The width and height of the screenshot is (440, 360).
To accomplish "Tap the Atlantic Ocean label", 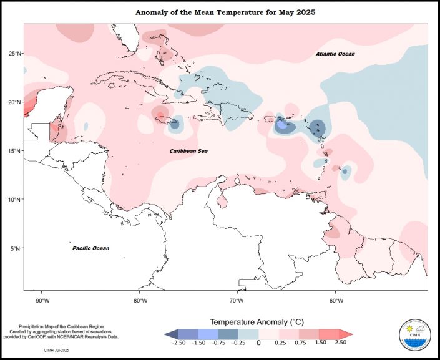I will click(x=335, y=54).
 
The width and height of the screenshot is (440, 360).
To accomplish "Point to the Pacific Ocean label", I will click(x=91, y=248).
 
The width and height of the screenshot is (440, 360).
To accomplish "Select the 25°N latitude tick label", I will click(x=15, y=54).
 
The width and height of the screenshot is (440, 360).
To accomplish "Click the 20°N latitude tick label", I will click(x=15, y=102).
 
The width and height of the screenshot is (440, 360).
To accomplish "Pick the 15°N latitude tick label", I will click(x=15, y=151).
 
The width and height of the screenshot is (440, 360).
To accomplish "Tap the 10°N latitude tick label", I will click(x=15, y=200).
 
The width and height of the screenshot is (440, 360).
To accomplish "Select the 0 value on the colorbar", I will click(x=258, y=343).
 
